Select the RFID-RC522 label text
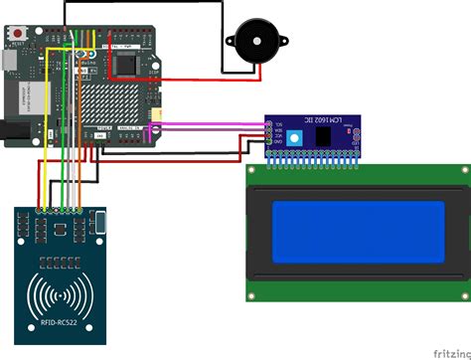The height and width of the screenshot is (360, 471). [x=61, y=319]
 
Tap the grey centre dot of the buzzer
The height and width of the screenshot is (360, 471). [x=253, y=42]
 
